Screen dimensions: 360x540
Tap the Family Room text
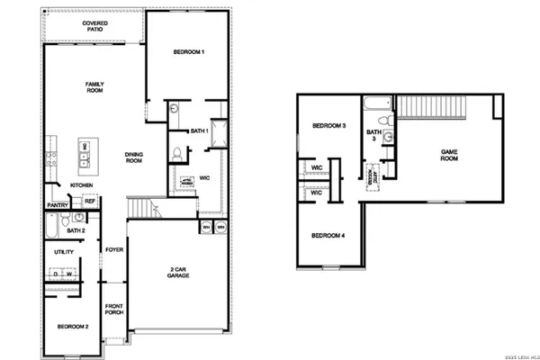coord(95,86)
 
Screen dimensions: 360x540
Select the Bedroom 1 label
coord(189,53)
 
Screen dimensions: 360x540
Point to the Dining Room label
coord(134,158)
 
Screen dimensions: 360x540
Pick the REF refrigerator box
coord(90,202)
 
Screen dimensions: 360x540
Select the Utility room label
coord(64,252)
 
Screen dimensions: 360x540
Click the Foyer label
coord(114,249)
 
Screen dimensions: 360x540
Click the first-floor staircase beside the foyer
coord(141,210)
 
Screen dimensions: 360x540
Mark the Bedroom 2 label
coord(72,326)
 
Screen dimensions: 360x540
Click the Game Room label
coord(450,155)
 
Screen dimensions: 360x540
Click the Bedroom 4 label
coord(328,236)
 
